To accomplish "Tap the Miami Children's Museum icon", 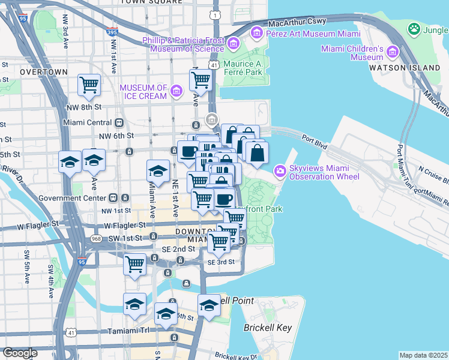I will point(393,52).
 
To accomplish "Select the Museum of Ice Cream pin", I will point(176,91).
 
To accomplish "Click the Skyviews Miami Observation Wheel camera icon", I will point(280,172).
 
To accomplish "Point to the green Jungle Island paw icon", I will point(414,28).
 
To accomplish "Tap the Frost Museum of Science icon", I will point(234,43).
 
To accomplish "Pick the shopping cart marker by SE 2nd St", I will point(134,263).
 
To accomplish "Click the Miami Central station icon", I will point(119,123).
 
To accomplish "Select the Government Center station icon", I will point(125,197).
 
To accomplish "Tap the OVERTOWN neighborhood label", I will point(44,71).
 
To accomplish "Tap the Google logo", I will point(20,353).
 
